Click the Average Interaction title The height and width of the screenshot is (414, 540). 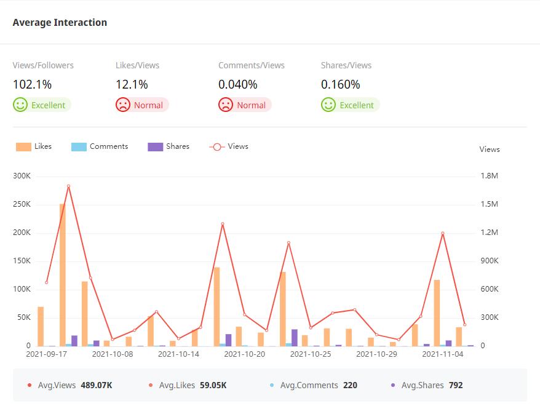pyautogui.click(x=60, y=23)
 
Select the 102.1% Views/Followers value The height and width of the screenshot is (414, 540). pyautogui.click(x=32, y=84)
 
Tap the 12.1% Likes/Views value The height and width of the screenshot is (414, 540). pyautogui.click(x=132, y=84)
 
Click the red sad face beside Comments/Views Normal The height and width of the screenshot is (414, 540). pyautogui.click(x=226, y=105)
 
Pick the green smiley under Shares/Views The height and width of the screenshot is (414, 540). pyautogui.click(x=328, y=105)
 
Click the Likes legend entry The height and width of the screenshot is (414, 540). pyautogui.click(x=34, y=146)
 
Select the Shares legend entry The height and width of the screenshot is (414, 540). pyautogui.click(x=169, y=146)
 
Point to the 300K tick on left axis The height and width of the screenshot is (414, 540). pyautogui.click(x=22, y=176)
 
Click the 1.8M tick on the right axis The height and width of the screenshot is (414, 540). pyautogui.click(x=489, y=176)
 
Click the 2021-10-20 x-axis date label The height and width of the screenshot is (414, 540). pyautogui.click(x=244, y=354)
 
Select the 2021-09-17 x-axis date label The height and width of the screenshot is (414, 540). pyautogui.click(x=46, y=354)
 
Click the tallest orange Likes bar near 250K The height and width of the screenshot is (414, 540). pyautogui.click(x=63, y=274)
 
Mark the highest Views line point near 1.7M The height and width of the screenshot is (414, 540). pyautogui.click(x=68, y=186)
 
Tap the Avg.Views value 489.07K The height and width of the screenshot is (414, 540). pyautogui.click(x=97, y=386)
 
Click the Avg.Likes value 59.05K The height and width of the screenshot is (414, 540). pyautogui.click(x=213, y=386)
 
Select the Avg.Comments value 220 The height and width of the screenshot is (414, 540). pyautogui.click(x=350, y=386)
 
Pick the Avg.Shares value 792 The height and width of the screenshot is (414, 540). pyautogui.click(x=455, y=386)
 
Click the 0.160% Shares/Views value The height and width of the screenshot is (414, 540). pyautogui.click(x=340, y=84)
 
